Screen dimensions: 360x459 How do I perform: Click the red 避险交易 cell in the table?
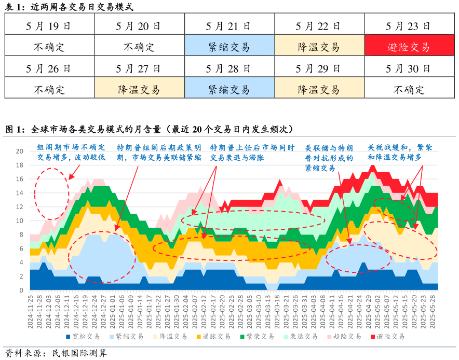point(408,47)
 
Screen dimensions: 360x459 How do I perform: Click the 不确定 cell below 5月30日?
point(408,89)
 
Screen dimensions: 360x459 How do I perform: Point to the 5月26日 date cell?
point(49,67)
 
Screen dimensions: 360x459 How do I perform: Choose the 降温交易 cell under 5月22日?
point(318,47)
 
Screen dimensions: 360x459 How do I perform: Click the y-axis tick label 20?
point(20,151)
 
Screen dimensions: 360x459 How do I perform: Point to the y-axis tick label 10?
point(20,220)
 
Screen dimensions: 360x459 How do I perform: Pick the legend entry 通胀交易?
point(217,336)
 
